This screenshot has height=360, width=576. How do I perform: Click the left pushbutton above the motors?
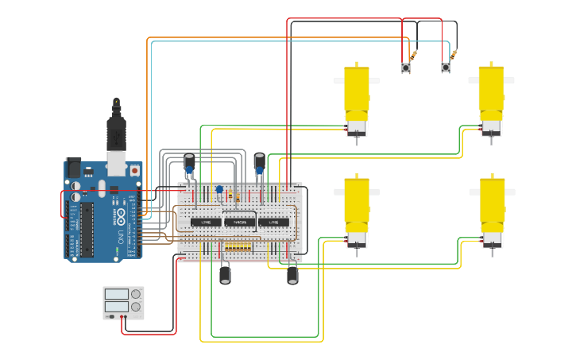[406, 68]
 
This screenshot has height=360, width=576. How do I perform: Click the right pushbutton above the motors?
[446, 68]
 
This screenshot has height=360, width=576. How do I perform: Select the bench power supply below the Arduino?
[123, 302]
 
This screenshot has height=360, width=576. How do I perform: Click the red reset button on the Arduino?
[134, 170]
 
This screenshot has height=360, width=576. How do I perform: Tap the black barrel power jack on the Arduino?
[73, 168]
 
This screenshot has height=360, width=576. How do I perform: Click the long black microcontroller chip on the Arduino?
[86, 229]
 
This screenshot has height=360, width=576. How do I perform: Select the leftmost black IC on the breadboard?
[206, 222]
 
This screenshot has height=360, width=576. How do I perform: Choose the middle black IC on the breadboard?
[239, 222]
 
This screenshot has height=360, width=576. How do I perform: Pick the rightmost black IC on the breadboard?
[273, 222]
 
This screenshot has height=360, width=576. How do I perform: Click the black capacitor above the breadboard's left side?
[189, 163]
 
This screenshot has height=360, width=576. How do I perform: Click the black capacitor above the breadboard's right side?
[259, 162]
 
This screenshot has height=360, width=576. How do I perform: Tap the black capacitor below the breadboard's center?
[225, 273]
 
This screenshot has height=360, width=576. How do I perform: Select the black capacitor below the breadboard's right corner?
[292, 273]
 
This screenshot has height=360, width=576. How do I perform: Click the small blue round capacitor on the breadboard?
[219, 190]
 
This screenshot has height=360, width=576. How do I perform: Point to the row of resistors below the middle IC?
[238, 247]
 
